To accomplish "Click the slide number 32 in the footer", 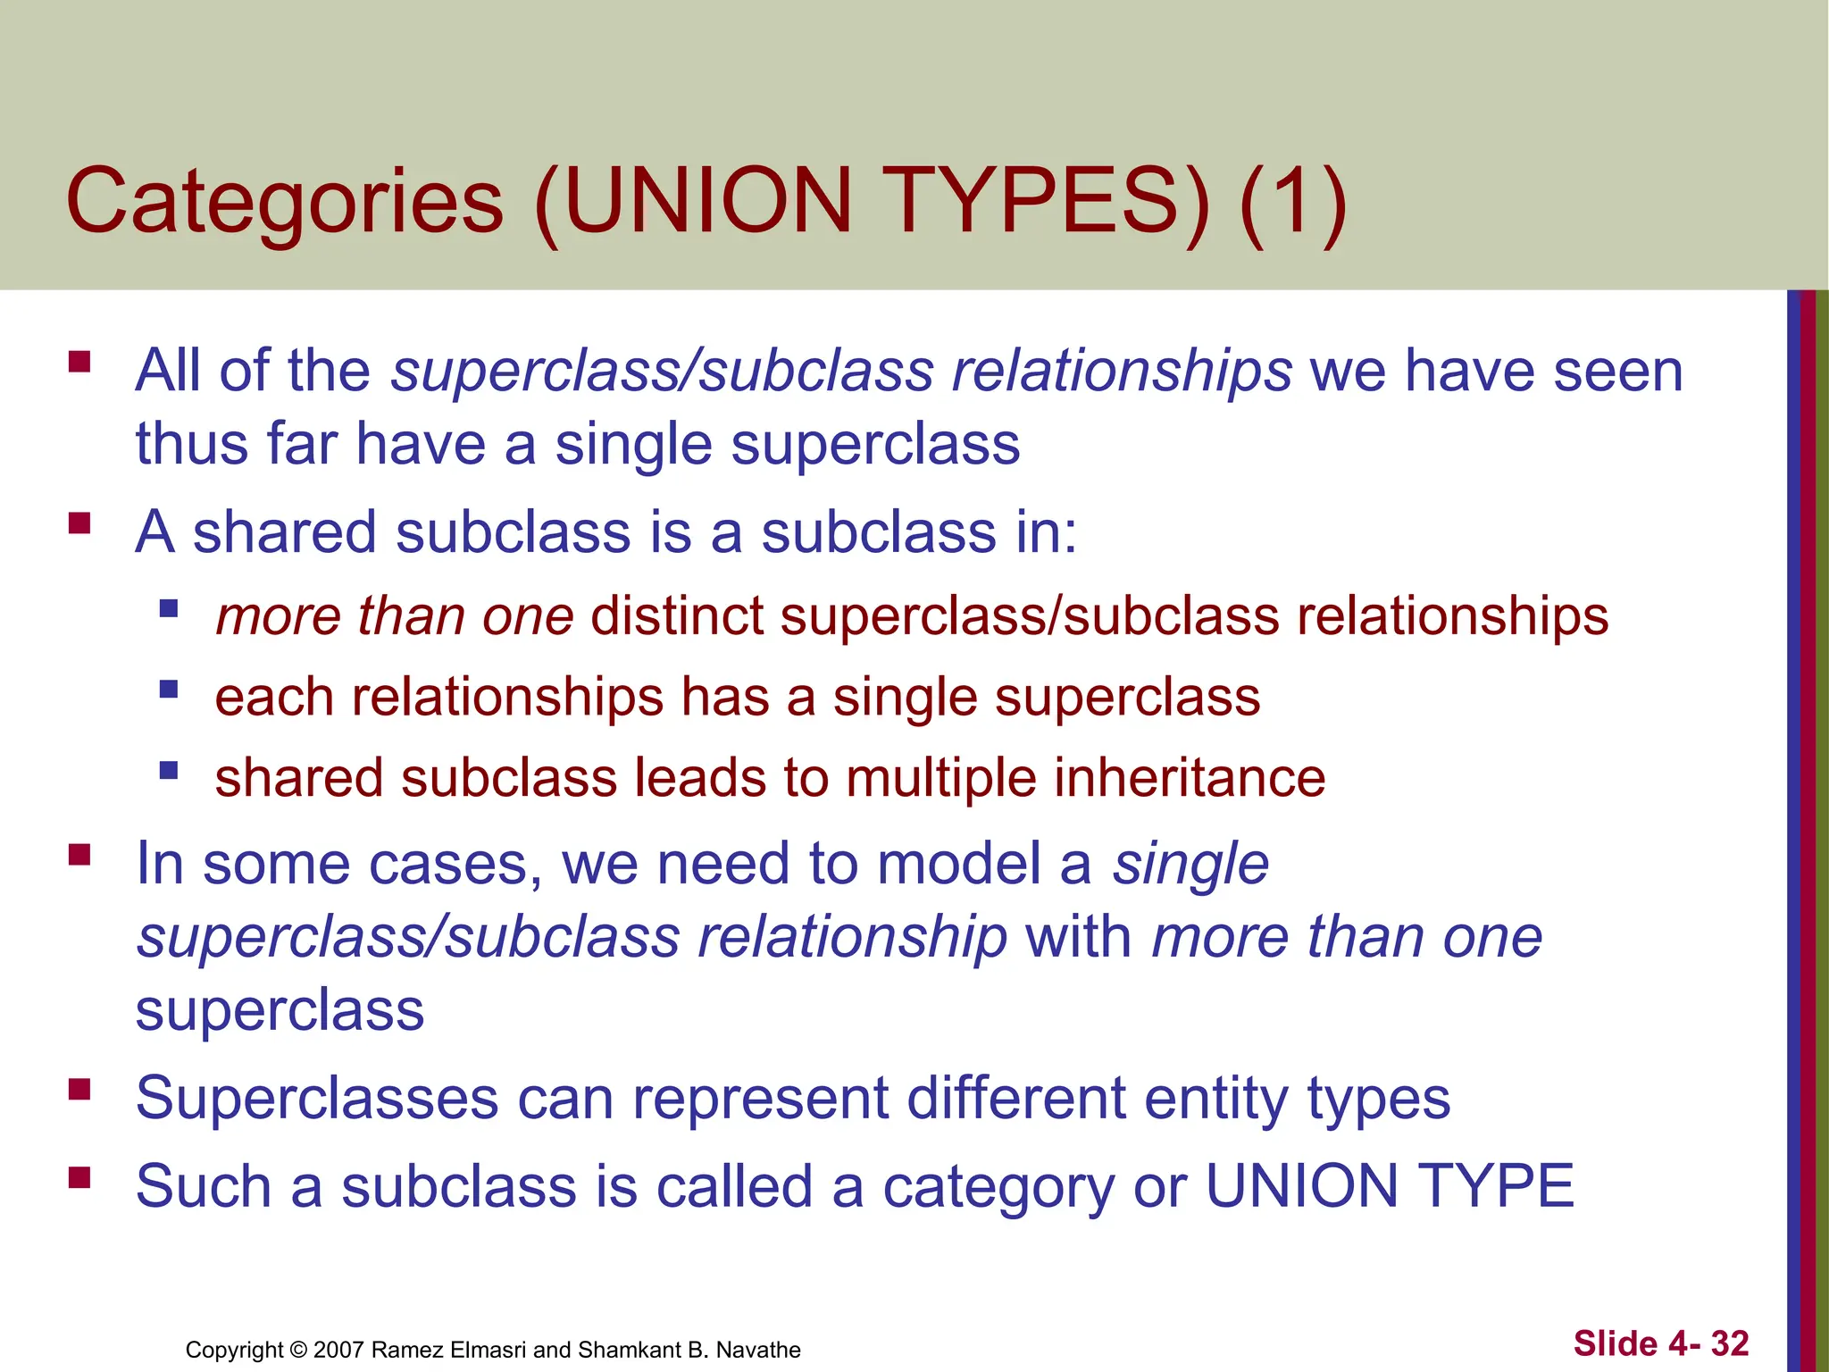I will coord(1730,1343).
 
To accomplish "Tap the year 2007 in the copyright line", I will coord(338,1350).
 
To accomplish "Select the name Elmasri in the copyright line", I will coord(490,1350).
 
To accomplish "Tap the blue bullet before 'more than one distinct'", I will coord(169,609).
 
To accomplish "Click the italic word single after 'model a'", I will coord(1190,864).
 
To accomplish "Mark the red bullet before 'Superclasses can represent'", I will coord(79,1088).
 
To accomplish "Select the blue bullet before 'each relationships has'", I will coord(169,690).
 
